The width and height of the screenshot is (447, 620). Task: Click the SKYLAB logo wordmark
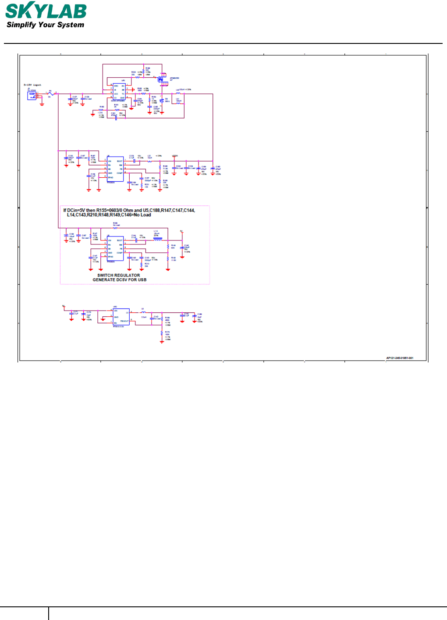coord(46,11)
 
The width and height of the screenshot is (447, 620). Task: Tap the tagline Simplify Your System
coord(45,25)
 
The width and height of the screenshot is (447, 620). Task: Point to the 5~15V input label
coord(32,85)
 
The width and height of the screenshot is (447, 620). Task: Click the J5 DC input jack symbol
coord(32,95)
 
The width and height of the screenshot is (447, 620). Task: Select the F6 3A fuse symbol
coord(50,94)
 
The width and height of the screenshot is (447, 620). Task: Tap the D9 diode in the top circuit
coord(162,100)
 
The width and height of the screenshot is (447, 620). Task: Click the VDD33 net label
coord(175,156)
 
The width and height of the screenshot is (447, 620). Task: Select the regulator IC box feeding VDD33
coord(116,169)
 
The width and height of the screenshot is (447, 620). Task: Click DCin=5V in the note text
coord(76,211)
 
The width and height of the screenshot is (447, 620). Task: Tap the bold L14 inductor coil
coord(157,240)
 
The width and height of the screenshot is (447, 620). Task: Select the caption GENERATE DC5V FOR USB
coord(120,280)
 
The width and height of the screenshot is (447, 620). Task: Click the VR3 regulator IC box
coord(121,317)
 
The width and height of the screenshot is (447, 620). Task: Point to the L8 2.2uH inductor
coord(143,312)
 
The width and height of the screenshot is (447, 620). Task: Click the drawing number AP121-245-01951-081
coord(399,358)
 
